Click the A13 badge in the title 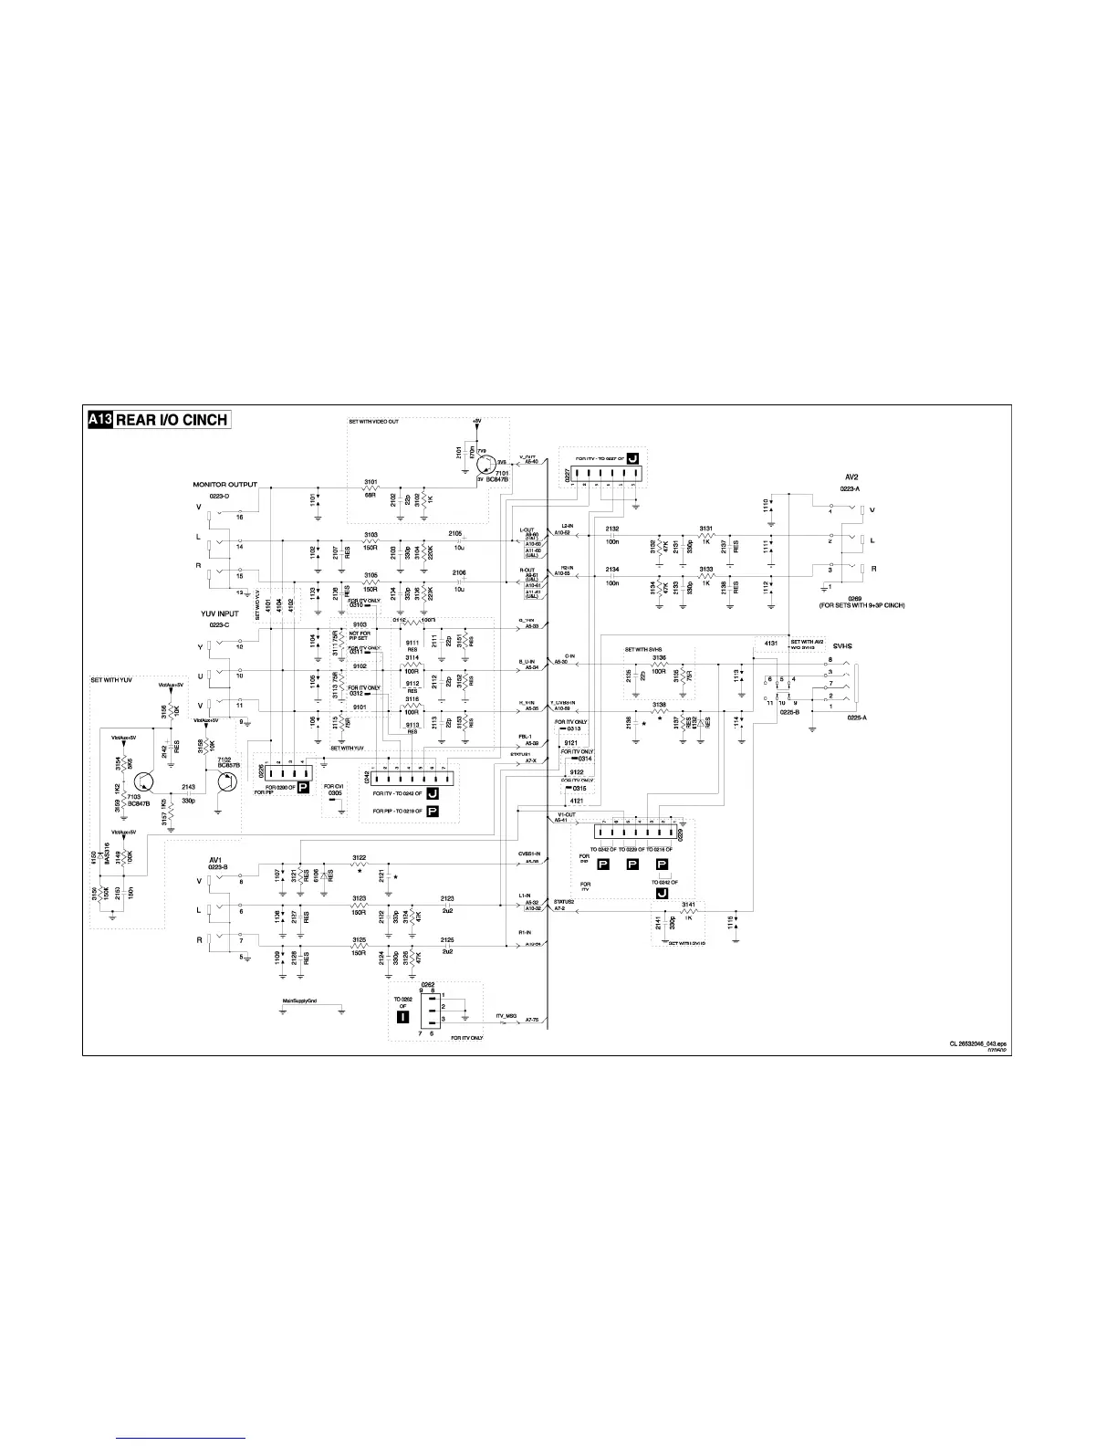point(99,420)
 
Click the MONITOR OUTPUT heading point(224,485)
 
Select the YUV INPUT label point(220,613)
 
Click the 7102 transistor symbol point(224,783)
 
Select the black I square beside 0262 point(402,1018)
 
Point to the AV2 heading point(852,477)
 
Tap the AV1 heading point(216,859)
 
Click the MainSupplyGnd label point(299,1001)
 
